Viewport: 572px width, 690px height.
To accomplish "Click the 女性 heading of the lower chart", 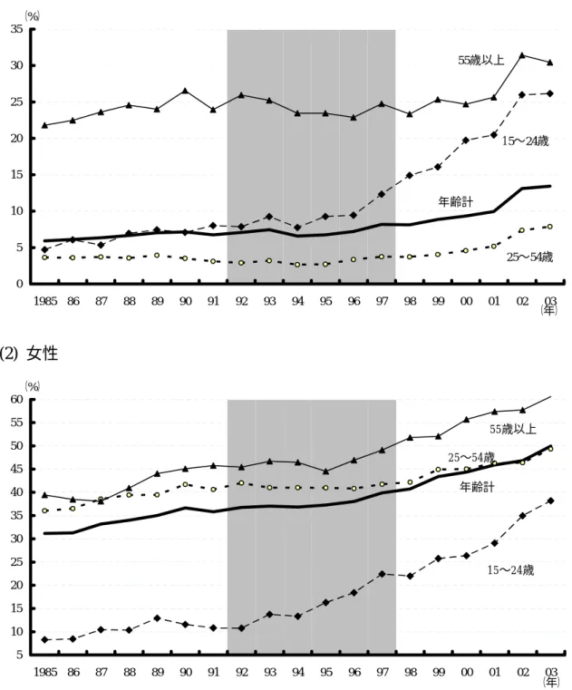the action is point(43,353).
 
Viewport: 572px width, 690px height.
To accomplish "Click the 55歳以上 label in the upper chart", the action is point(481,60).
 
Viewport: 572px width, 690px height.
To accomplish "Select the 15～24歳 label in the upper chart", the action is point(526,141).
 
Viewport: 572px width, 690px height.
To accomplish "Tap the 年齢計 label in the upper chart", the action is point(456,201).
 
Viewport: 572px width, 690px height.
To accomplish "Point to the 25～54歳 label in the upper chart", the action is point(529,257).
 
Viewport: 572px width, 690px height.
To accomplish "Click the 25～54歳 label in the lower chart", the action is point(471,457).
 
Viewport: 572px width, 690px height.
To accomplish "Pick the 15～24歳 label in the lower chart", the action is point(510,570).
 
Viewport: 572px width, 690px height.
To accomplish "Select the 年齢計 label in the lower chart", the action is point(477,487).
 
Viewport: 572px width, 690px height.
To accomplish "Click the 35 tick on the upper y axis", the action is point(16,30).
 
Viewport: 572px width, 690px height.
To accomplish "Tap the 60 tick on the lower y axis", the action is point(16,400).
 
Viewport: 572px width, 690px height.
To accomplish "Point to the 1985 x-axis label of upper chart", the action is point(45,301).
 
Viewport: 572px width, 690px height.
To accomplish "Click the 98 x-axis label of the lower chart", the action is point(410,672).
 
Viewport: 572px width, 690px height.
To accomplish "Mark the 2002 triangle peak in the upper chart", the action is point(522,55).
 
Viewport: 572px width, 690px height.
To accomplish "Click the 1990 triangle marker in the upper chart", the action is point(185,90).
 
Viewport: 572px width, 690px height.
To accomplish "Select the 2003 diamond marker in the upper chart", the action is point(550,93).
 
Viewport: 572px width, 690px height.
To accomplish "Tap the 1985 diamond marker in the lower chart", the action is point(45,639).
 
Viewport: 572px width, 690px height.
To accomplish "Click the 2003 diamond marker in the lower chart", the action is point(550,500).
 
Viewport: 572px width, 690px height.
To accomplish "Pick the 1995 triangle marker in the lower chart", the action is point(325,471).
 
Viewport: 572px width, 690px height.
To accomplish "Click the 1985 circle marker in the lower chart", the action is point(45,510).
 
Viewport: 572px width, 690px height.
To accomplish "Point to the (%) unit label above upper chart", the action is point(32,16).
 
